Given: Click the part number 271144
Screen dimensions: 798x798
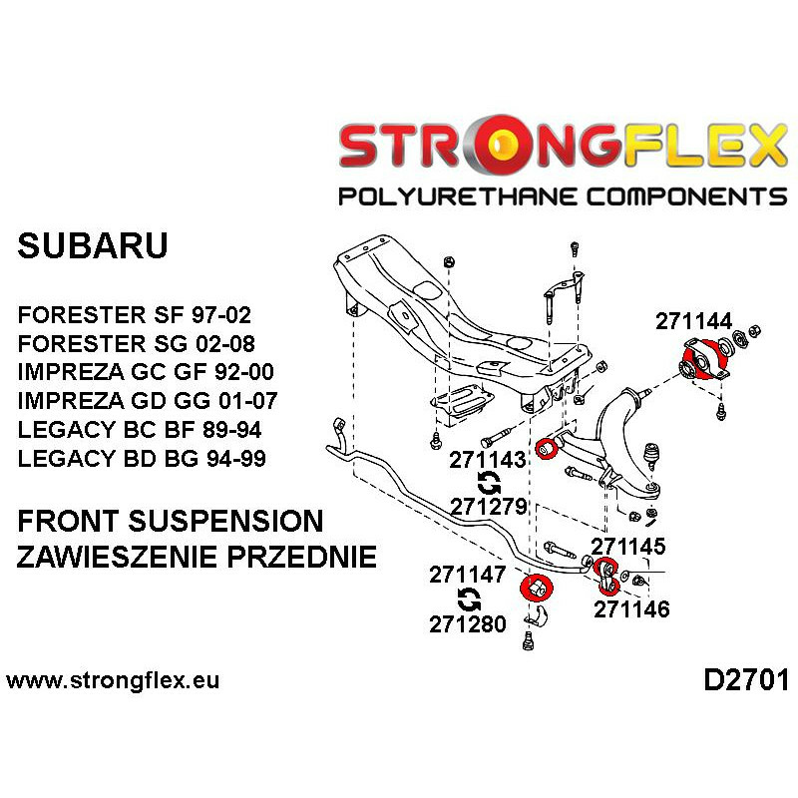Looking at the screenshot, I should pos(693,321).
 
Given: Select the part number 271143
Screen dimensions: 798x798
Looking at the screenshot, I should pos(488,461).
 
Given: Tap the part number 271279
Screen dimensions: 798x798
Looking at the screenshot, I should pos(488,506).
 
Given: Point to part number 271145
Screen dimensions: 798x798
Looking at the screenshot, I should pos(628,546).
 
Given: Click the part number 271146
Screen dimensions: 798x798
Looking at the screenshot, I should pos(631,608).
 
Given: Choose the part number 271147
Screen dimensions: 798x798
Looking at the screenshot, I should pos(468,576).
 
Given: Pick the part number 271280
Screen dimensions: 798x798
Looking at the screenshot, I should pos(468,624).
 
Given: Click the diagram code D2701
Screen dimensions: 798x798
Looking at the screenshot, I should pos(745,681).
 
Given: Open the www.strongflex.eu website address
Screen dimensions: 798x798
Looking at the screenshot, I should pos(113,682).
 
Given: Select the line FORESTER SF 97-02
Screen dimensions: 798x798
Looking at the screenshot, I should pos(135,316).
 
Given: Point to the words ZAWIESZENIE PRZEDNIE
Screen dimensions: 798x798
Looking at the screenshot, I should pos(198,557).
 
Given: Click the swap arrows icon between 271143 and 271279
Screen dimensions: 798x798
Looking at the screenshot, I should pos(489,484).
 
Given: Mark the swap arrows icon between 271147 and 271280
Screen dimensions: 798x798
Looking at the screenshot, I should pos(468,599).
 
